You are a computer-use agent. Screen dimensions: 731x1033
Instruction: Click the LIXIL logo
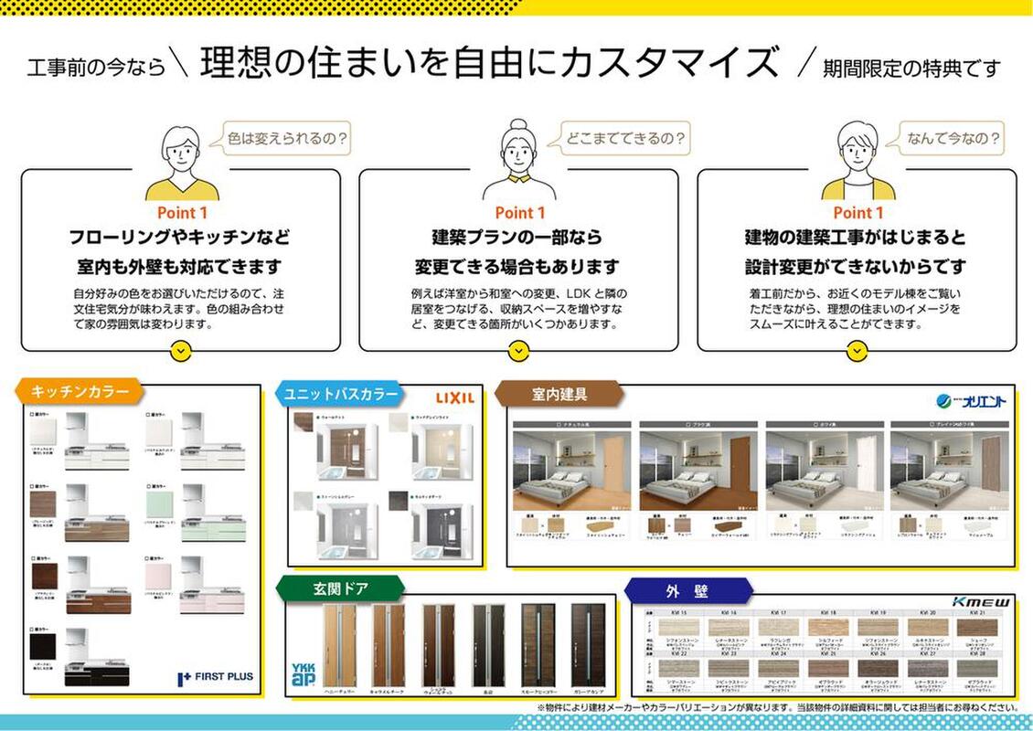click(x=454, y=397)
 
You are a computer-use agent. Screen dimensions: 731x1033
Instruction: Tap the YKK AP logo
click(x=303, y=675)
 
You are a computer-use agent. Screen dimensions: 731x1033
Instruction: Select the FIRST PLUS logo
click(x=216, y=677)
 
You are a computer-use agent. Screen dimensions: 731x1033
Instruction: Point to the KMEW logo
click(x=982, y=602)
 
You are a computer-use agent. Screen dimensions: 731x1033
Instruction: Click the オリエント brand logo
click(x=972, y=400)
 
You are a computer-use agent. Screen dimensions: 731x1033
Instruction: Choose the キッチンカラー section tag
click(x=79, y=392)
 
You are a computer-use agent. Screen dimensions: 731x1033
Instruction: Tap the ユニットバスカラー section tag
click(x=341, y=394)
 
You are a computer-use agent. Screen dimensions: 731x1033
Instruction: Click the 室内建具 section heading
click(x=559, y=394)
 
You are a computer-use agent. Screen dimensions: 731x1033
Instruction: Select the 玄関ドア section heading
click(x=341, y=589)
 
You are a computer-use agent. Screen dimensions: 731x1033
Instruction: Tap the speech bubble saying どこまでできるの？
click(x=619, y=139)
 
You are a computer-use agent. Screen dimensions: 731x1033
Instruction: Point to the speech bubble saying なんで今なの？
click(x=952, y=139)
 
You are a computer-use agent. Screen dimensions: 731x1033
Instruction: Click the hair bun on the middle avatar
click(x=519, y=124)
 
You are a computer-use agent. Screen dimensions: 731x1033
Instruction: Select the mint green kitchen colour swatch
click(x=158, y=503)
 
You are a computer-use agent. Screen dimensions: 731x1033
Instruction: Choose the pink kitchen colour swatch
click(x=158, y=576)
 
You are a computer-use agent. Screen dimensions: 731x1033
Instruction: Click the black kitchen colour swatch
click(x=44, y=648)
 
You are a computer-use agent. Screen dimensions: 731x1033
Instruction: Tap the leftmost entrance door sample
click(x=339, y=645)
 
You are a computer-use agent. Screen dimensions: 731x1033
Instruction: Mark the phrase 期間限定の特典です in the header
click(x=911, y=67)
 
